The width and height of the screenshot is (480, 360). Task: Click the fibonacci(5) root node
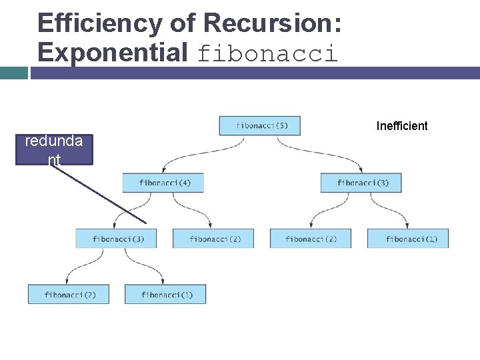259,125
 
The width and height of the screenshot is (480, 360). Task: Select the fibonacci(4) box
163,183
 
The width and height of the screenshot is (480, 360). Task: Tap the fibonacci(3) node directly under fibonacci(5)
361,183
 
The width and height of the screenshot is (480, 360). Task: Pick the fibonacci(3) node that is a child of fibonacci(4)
115,239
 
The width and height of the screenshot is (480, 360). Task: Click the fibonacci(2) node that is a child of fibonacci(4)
213,239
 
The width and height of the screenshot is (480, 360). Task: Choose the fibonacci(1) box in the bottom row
165,294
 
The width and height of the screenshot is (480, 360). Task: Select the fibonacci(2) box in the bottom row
68,294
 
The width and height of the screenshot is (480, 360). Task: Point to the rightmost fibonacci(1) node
408,239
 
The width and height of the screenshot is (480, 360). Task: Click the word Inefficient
402,126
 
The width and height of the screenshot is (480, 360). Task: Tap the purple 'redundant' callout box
54,149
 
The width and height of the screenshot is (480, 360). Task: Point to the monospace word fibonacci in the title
267,53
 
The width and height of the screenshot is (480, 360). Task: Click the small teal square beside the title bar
14,73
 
